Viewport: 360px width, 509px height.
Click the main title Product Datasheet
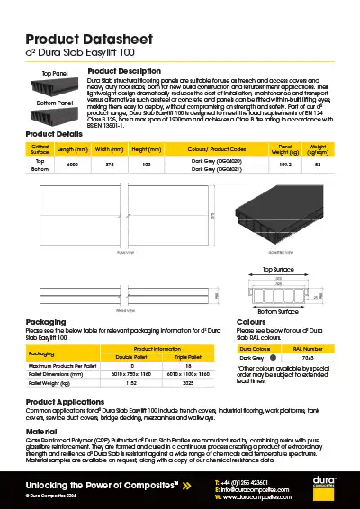click(82, 40)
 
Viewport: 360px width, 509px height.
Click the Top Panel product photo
click(55, 87)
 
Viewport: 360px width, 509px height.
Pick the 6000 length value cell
click(74, 165)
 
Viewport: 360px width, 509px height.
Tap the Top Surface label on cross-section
click(280, 269)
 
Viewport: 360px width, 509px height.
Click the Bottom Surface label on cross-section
click(279, 311)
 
